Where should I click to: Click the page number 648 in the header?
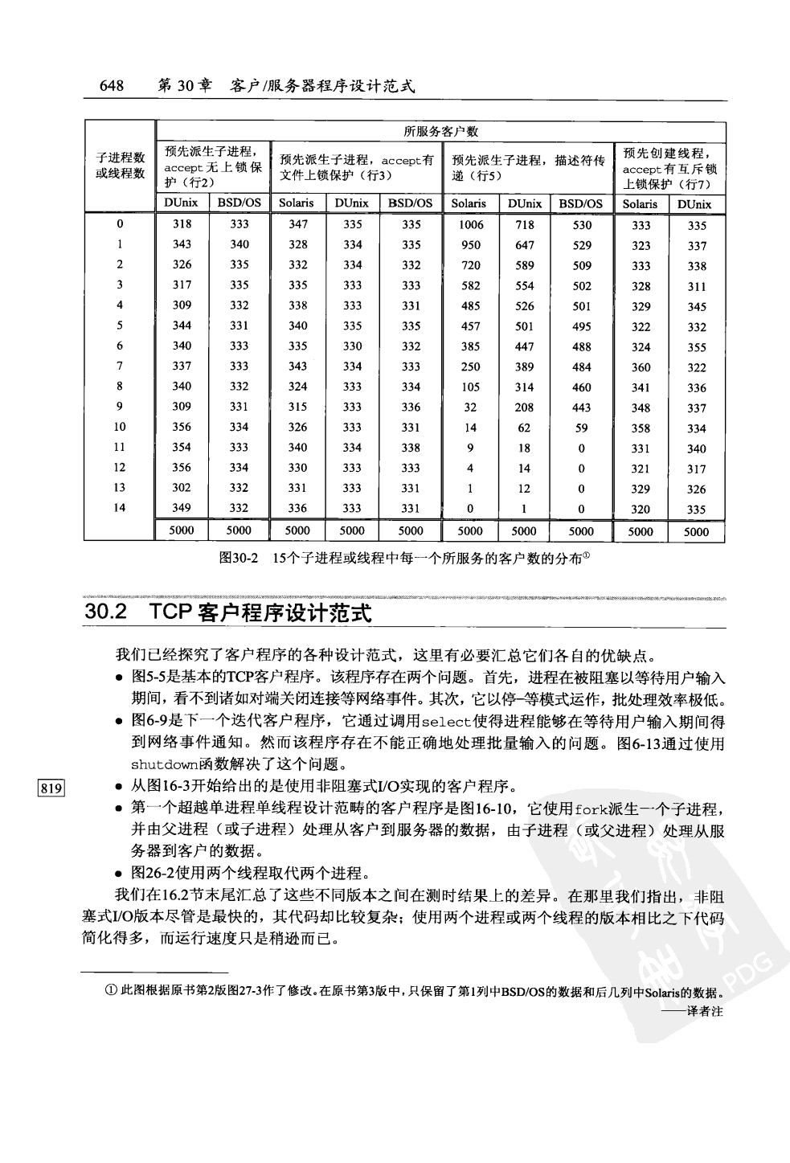pyautogui.click(x=111, y=86)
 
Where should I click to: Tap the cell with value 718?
pyautogui.click(x=524, y=225)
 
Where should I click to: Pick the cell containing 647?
pyautogui.click(x=524, y=245)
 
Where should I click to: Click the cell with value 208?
pyautogui.click(x=524, y=407)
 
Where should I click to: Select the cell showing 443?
pyautogui.click(x=581, y=407)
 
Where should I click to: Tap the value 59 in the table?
pyautogui.click(x=581, y=428)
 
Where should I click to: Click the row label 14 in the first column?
pyautogui.click(x=120, y=508)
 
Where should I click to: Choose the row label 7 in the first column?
pyautogui.click(x=120, y=367)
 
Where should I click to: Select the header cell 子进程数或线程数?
pyautogui.click(x=120, y=166)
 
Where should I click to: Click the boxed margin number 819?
pyautogui.click(x=51, y=787)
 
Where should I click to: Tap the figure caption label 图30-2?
pyautogui.click(x=238, y=559)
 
